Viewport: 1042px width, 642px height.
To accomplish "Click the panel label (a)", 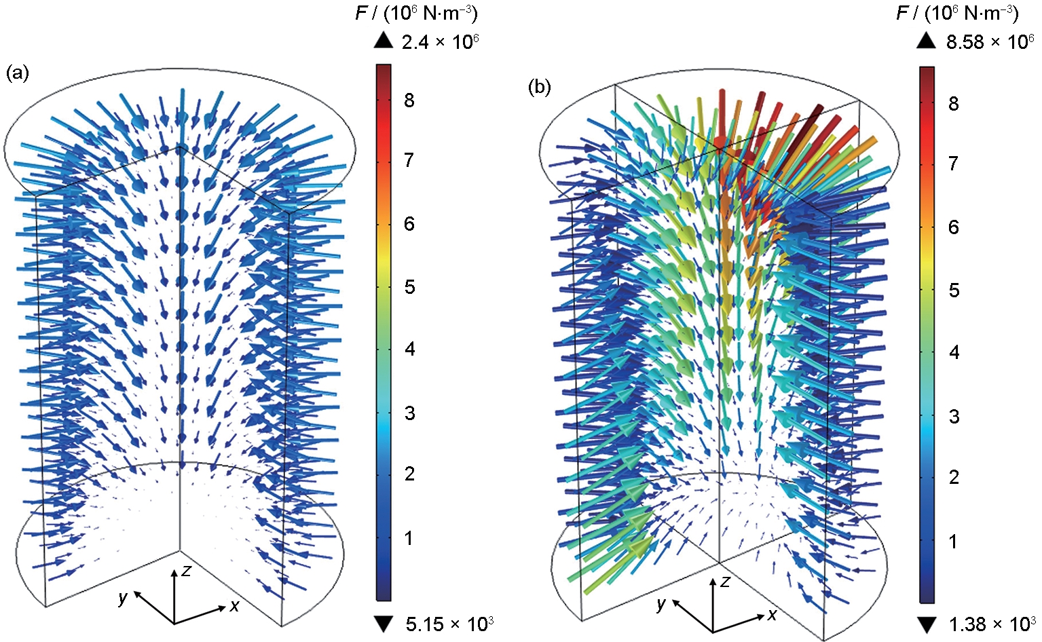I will pyautogui.click(x=17, y=73).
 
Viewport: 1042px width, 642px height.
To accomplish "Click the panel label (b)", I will pyautogui.click(x=540, y=88).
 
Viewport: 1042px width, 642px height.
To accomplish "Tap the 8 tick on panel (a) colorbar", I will pyautogui.click(x=409, y=100).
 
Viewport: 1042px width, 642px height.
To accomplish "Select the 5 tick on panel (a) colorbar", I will pyautogui.click(x=409, y=286).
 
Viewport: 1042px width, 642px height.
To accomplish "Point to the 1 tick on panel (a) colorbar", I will pyautogui.click(x=409, y=539).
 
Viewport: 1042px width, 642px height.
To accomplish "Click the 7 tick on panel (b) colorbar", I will pyautogui.click(x=954, y=164).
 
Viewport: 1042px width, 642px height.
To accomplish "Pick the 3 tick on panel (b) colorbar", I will pyautogui.click(x=954, y=416).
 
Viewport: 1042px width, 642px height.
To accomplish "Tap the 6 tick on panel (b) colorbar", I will pyautogui.click(x=954, y=227).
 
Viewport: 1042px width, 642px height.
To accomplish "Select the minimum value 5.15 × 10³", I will pyautogui.click(x=449, y=623).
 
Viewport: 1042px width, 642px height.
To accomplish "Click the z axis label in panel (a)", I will pyautogui.click(x=186, y=571).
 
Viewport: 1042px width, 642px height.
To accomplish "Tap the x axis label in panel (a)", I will pyautogui.click(x=234, y=606).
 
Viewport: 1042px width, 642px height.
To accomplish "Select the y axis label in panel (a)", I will pyautogui.click(x=123, y=597).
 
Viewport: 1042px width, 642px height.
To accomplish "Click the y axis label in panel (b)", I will pyautogui.click(x=660, y=604).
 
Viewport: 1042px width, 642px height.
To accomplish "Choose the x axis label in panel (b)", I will pyautogui.click(x=773, y=615).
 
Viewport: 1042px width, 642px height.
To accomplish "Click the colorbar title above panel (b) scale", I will pyautogui.click(x=958, y=14).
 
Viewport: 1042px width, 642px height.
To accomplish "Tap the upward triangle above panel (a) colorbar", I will pyautogui.click(x=384, y=41).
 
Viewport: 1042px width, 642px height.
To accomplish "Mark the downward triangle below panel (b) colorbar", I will pyautogui.click(x=927, y=623).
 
